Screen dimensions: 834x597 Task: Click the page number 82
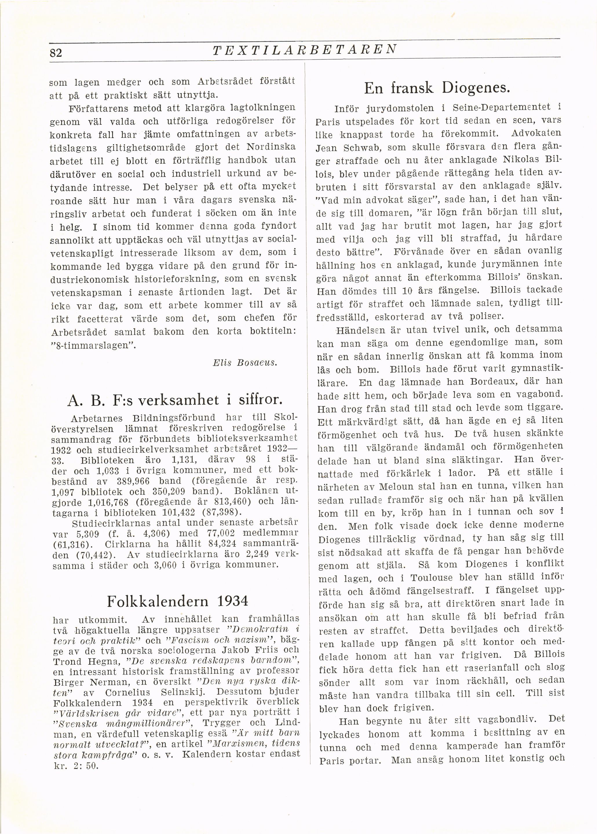pos(56,53)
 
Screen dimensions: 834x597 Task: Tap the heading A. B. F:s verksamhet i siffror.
pos(175,400)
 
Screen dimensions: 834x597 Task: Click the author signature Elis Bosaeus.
pos(245,363)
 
